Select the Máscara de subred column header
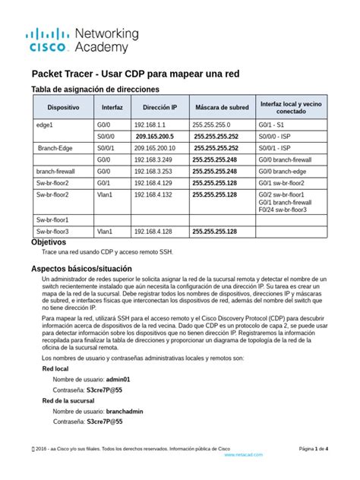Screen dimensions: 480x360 [x=221, y=109]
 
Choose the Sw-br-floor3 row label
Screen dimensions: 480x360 [x=52, y=231]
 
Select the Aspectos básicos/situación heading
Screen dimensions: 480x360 [x=81, y=268]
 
